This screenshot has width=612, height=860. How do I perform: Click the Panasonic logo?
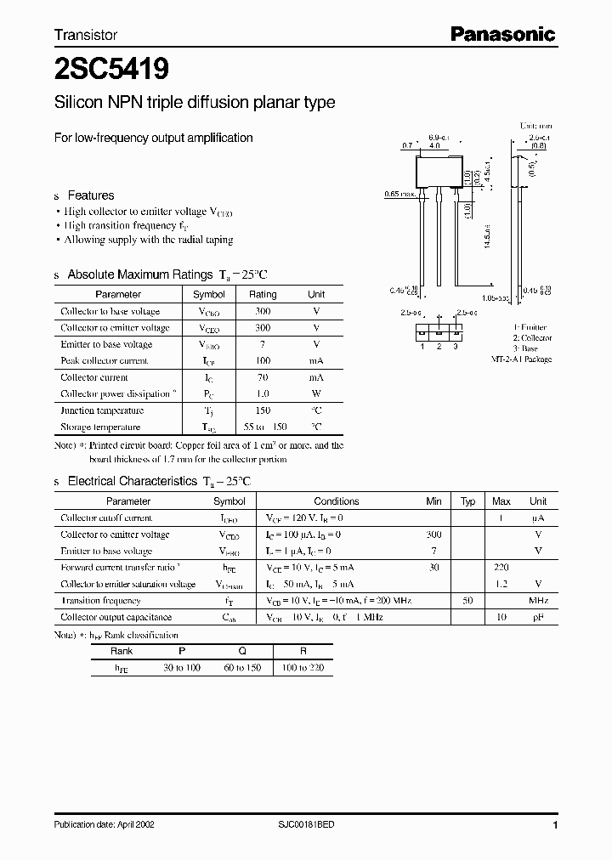click(x=502, y=34)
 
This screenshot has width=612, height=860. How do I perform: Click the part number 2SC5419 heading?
click(x=101, y=69)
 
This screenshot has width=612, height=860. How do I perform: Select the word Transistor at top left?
click(x=86, y=35)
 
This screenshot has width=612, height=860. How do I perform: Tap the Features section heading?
click(x=90, y=195)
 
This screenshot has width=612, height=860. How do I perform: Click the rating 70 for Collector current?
click(x=263, y=377)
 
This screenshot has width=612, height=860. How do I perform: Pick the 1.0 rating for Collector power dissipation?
click(x=263, y=394)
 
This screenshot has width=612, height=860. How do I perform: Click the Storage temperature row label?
click(x=100, y=427)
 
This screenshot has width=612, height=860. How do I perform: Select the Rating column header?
click(x=263, y=295)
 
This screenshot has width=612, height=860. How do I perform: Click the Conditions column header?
click(x=337, y=501)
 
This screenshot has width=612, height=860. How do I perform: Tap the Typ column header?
click(x=467, y=501)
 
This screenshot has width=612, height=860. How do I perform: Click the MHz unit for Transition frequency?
click(x=538, y=601)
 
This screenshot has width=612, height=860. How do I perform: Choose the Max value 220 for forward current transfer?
click(x=501, y=568)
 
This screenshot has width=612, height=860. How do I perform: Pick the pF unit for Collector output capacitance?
click(x=538, y=618)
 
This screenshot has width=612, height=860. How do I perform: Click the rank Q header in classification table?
click(x=242, y=652)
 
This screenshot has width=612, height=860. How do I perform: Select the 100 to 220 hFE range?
click(x=303, y=669)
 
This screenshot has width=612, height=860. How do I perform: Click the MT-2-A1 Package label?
click(x=521, y=359)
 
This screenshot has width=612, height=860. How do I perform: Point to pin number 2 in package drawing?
click(x=439, y=346)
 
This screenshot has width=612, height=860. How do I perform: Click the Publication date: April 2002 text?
click(x=105, y=825)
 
